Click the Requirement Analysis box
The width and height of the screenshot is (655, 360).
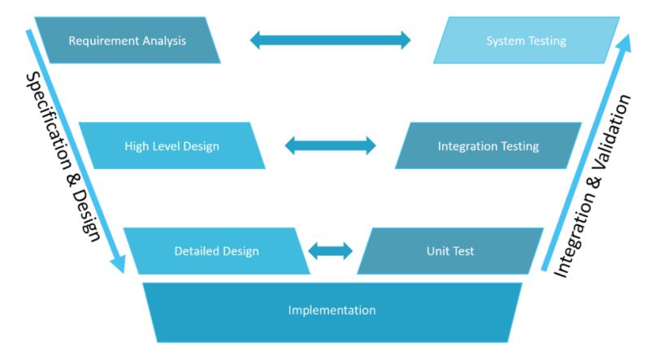tap(128, 41)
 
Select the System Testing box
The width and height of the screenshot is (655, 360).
tap(525, 41)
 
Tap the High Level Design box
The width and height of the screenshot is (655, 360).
tap(171, 146)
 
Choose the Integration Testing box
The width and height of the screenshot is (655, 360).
tap(488, 146)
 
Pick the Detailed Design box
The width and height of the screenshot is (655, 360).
tap(216, 251)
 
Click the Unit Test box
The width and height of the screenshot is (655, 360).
tap(449, 251)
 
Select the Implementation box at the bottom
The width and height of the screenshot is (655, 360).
tap(332, 310)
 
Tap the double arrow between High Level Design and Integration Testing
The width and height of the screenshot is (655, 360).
tap(331, 146)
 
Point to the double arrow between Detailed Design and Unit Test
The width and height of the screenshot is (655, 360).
tap(331, 250)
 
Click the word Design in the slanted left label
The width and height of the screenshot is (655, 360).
tap(91, 216)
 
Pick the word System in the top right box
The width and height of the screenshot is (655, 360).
tap(504, 41)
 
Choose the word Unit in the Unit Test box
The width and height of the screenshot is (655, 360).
tap(436, 251)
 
